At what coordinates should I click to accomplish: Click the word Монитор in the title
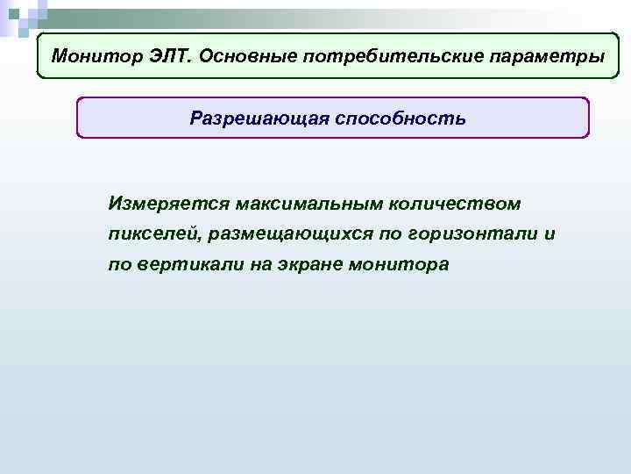[89, 56]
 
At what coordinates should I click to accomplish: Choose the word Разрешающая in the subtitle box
[257, 118]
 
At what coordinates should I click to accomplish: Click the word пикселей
[152, 234]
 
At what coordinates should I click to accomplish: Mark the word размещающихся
[289, 234]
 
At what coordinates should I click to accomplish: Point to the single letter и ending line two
[549, 234]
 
